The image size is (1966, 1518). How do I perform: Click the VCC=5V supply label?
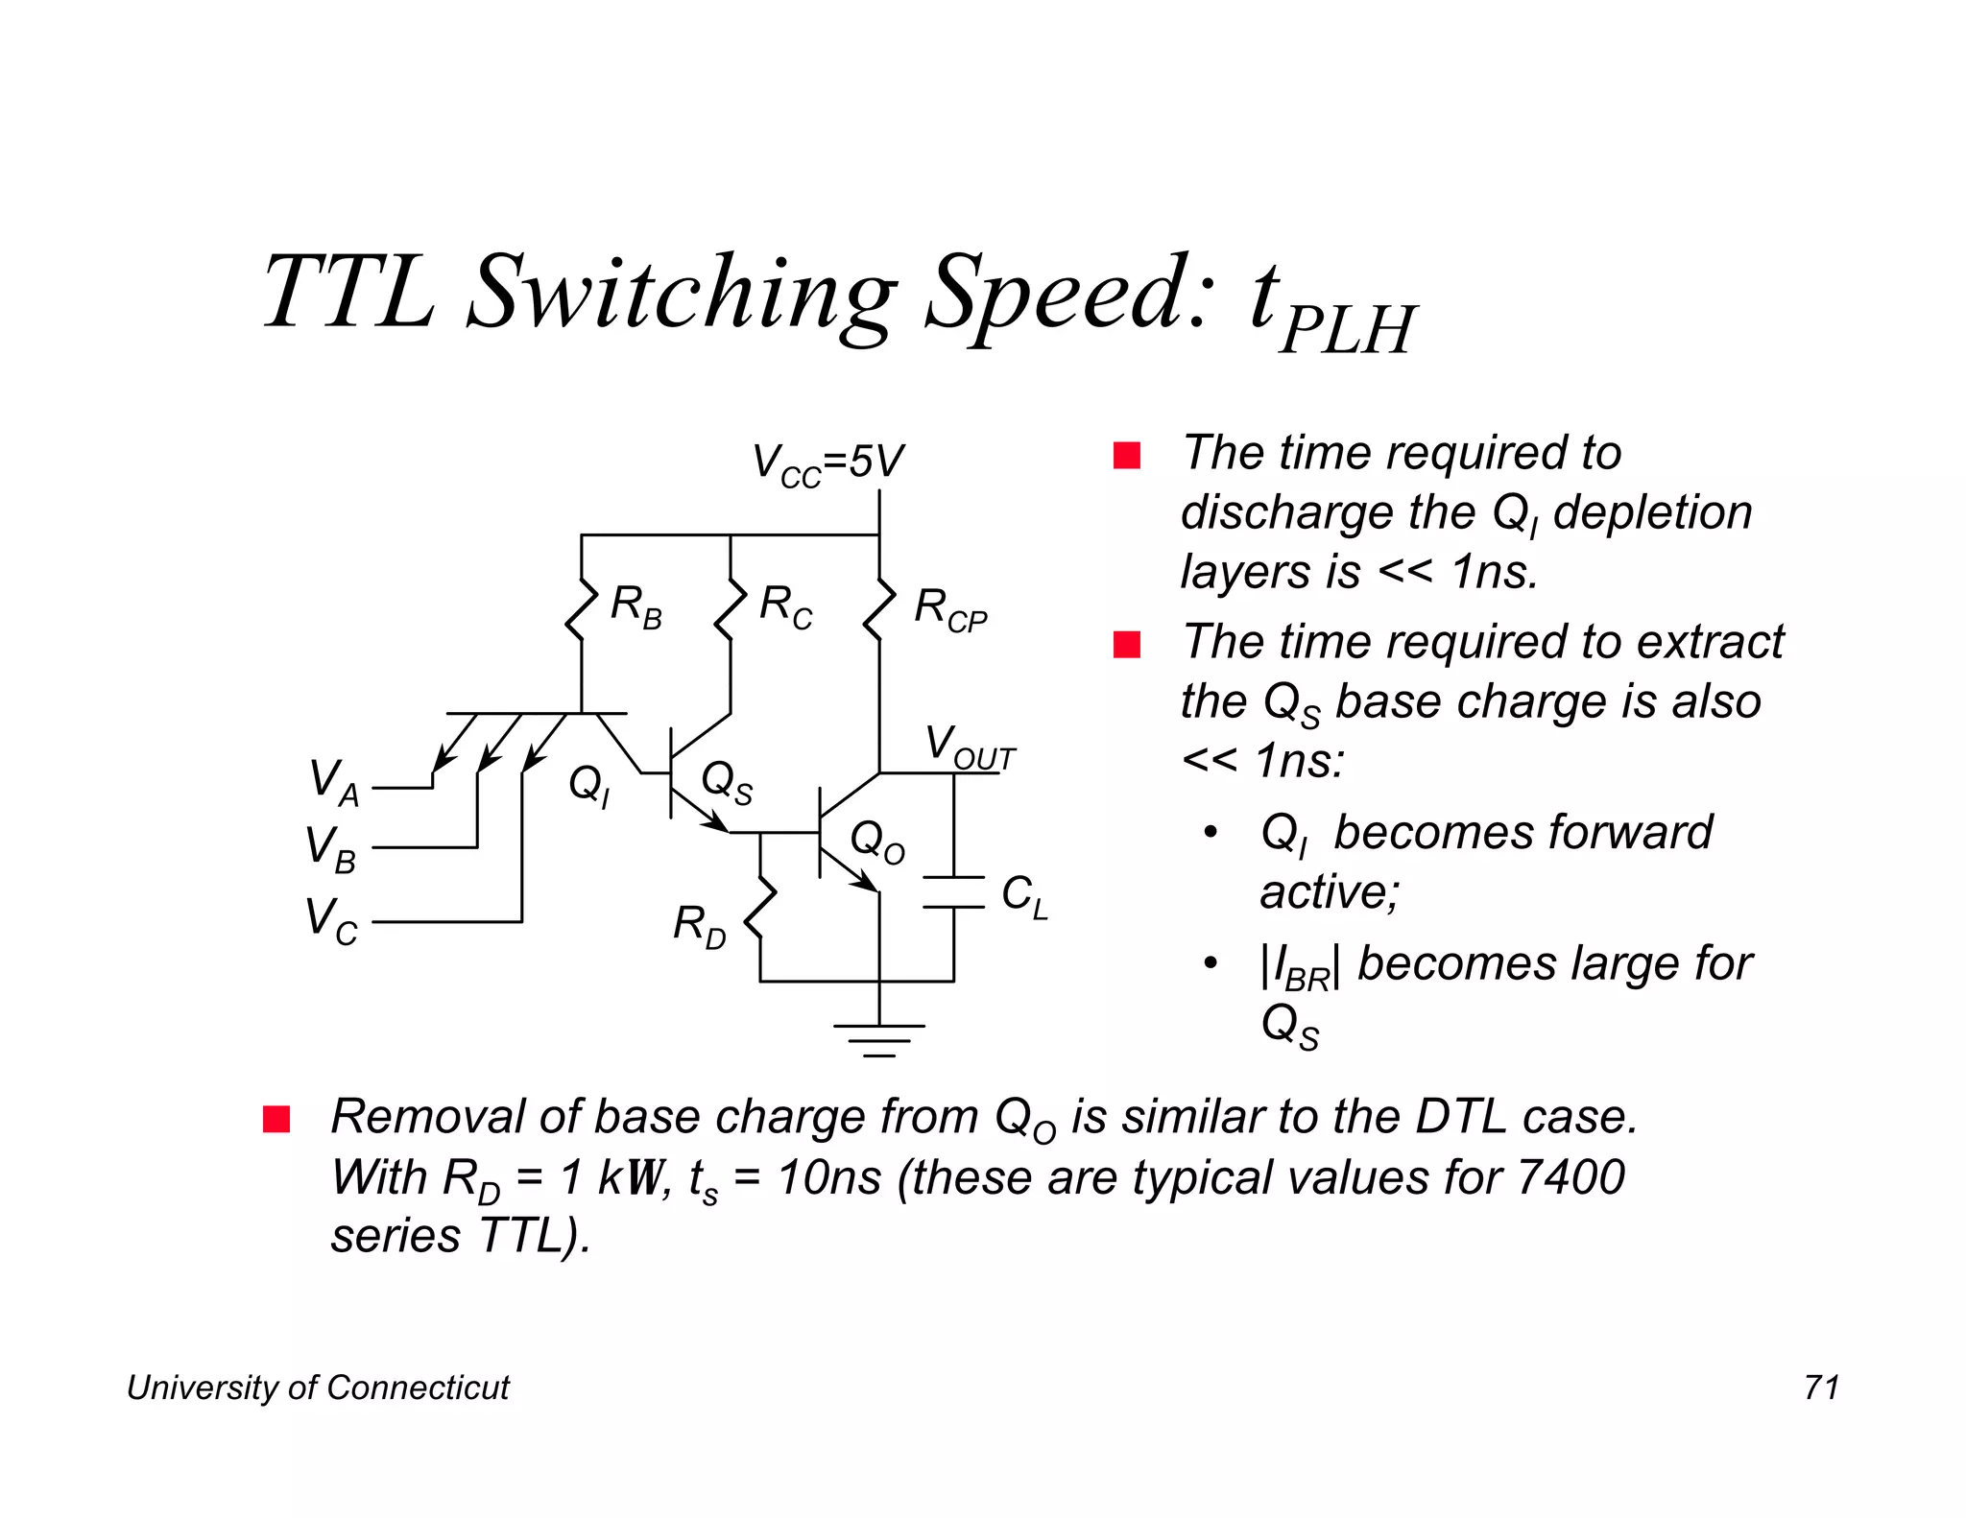(827, 463)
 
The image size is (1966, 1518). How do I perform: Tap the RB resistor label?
(635, 607)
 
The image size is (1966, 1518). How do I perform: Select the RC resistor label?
(785, 607)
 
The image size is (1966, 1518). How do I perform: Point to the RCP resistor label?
(949, 610)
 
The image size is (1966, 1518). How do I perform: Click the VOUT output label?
(969, 747)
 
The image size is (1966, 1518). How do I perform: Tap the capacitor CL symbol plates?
(953, 891)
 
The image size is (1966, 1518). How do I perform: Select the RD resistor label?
(699, 927)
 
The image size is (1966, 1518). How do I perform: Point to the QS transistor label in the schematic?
(727, 782)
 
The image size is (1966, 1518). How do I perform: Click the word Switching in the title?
(683, 293)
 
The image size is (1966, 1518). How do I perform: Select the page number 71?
(1821, 1388)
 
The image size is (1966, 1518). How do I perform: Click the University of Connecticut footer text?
(318, 1388)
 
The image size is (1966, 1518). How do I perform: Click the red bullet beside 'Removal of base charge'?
(276, 1119)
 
